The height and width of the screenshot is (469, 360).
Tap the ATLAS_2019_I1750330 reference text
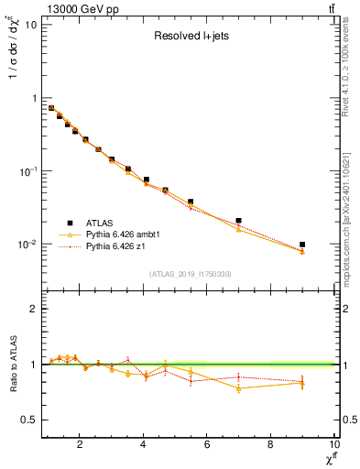point(189,273)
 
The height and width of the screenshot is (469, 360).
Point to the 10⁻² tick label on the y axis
point(27,245)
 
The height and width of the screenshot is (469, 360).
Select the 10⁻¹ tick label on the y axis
point(27,171)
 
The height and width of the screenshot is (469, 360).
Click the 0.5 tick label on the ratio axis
point(29,420)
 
